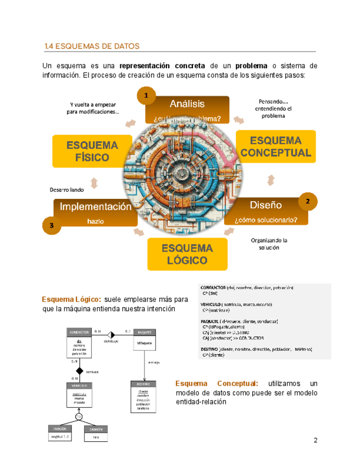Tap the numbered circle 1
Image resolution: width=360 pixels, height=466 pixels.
(x=146, y=96)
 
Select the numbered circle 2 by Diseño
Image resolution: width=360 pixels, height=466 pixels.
(x=308, y=202)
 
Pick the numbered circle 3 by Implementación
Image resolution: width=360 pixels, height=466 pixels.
(x=51, y=225)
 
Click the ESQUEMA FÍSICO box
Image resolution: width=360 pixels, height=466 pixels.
(x=92, y=151)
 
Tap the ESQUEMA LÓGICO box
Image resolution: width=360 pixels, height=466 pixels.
(x=187, y=254)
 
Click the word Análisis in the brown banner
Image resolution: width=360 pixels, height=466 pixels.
(x=187, y=104)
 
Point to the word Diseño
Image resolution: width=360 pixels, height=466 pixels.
(x=265, y=205)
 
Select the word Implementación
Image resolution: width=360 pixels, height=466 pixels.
(x=96, y=207)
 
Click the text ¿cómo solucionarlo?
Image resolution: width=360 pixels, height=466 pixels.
(x=266, y=220)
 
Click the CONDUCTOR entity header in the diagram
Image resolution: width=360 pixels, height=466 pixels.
(x=79, y=332)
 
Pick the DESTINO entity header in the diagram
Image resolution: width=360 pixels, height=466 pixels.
(x=143, y=385)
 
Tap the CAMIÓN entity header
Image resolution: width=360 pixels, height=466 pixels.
(x=96, y=429)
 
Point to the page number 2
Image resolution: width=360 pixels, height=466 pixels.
(x=315, y=440)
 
